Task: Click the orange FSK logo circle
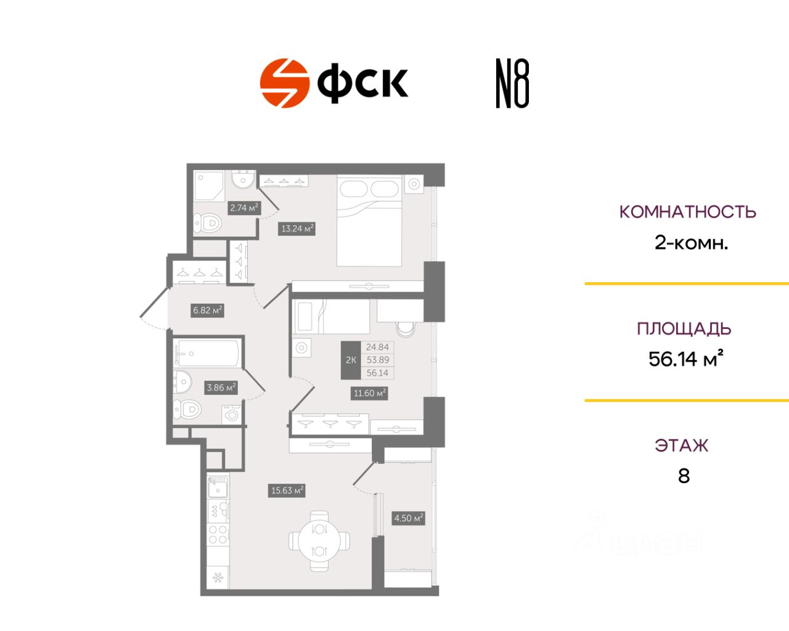[x=284, y=83]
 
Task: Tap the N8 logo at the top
[x=512, y=84]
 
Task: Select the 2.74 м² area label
[x=244, y=208]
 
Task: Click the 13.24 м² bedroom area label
[x=298, y=229]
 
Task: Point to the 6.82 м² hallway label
[x=207, y=310]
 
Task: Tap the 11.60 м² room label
[x=369, y=393]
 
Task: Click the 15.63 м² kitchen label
[x=287, y=491]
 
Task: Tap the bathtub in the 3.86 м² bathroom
[x=206, y=354]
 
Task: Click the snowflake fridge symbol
[x=218, y=577]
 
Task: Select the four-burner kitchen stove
[x=218, y=534]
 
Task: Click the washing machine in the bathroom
[x=232, y=414]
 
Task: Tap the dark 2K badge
[x=351, y=360]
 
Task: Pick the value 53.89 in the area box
[x=377, y=360]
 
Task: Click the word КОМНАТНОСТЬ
[x=687, y=212]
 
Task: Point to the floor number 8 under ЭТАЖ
[x=684, y=476]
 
